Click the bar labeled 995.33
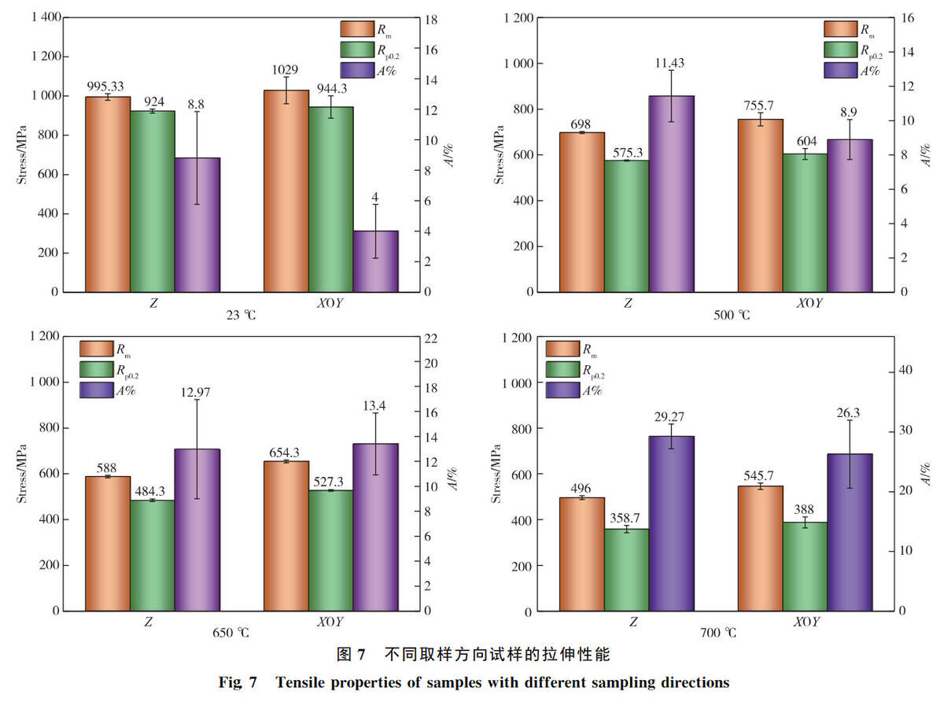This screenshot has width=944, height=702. (108, 194)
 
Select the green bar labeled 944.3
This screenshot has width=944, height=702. (330, 199)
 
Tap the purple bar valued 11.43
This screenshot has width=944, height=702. (671, 194)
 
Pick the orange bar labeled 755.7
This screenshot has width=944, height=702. (760, 205)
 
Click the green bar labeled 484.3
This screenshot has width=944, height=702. (153, 556)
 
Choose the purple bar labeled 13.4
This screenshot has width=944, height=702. (375, 527)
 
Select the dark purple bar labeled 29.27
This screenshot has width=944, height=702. (671, 523)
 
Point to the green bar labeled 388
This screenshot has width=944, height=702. (805, 567)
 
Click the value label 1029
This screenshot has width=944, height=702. (285, 69)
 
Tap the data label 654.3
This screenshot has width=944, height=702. (284, 453)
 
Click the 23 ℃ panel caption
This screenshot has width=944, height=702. (241, 316)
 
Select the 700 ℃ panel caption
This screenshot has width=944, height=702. (718, 633)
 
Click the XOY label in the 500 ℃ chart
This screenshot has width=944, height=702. (809, 303)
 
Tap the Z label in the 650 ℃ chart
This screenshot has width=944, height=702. (148, 623)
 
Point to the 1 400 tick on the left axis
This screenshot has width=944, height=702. (46, 17)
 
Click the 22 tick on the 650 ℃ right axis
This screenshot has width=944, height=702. (431, 338)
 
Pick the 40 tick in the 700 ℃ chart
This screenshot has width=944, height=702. (905, 370)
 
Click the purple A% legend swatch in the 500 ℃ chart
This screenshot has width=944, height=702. (841, 70)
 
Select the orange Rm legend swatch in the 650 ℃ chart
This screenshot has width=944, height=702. (97, 349)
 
